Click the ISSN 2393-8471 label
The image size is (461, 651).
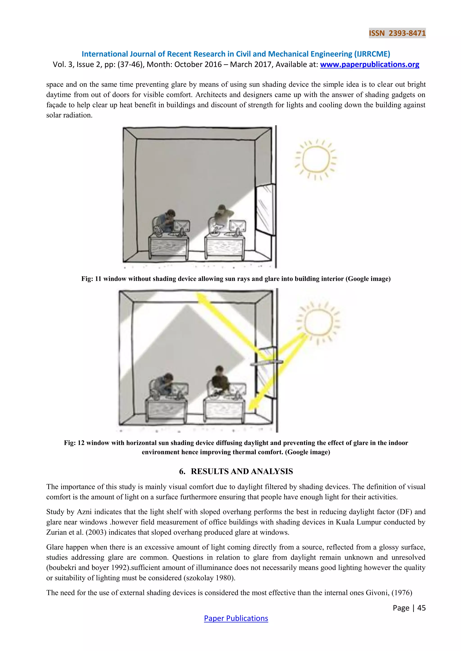click(397, 33)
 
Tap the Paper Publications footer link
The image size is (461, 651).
click(236, 618)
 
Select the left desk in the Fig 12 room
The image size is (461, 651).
click(166, 410)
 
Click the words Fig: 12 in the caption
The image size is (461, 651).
click(74, 443)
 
